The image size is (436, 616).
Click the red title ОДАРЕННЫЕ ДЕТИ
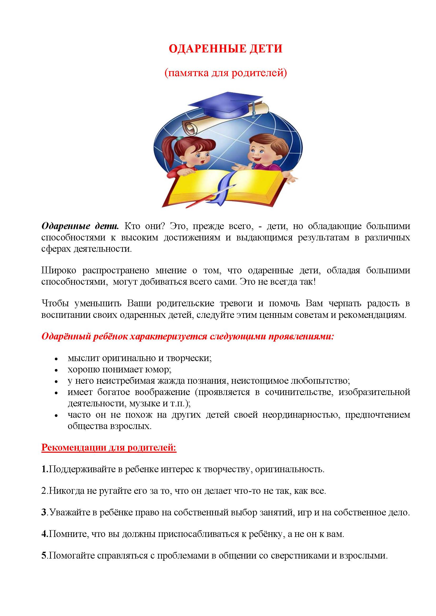pyautogui.click(x=226, y=49)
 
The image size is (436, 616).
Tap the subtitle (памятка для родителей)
pyautogui.click(x=226, y=73)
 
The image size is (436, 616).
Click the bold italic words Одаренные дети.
pyautogui.click(x=80, y=226)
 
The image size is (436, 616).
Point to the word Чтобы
pyautogui.click(x=55, y=303)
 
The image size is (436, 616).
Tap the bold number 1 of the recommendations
pyautogui.click(x=44, y=469)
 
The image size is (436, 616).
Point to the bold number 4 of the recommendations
pyautogui.click(x=44, y=534)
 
